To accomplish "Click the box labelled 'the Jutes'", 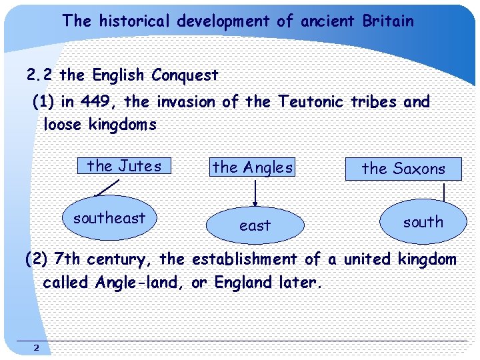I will click(x=124, y=165).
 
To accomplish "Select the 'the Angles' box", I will click(x=253, y=167).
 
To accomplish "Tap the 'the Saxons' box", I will click(x=403, y=169).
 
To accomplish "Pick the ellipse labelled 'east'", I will click(x=255, y=225).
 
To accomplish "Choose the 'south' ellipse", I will click(x=423, y=222).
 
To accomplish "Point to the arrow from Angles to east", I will click(x=254, y=193).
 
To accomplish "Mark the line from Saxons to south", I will click(x=443, y=192).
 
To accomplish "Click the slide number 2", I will click(x=37, y=347).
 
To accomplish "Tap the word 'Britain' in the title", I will click(x=388, y=21).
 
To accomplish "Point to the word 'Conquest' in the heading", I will click(x=185, y=75).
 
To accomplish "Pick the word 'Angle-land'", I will click(x=141, y=282).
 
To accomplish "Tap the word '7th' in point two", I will click(x=67, y=259).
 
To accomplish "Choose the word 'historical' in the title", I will click(x=136, y=21).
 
